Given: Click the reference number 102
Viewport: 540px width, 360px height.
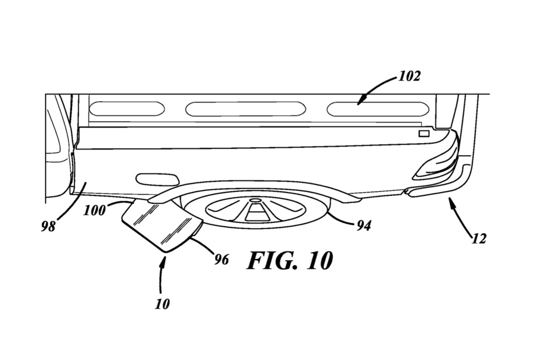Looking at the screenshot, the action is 409,76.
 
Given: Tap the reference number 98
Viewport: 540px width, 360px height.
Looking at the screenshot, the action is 48,227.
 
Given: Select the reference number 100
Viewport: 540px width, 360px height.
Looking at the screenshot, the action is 94,210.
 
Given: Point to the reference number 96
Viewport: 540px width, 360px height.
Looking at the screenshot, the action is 221,259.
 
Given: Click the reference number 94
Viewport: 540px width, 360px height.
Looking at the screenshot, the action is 364,226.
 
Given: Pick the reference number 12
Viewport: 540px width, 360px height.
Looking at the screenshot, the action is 479,238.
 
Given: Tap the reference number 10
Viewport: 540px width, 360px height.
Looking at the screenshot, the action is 162,304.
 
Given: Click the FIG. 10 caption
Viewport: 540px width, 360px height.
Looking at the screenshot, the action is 290,260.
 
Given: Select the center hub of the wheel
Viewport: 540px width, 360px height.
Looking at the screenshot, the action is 255,200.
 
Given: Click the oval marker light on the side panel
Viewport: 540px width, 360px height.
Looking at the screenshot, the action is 158,179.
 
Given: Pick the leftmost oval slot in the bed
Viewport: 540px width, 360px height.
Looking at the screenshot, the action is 127,109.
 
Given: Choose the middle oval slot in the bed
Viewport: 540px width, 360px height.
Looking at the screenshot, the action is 245,109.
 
